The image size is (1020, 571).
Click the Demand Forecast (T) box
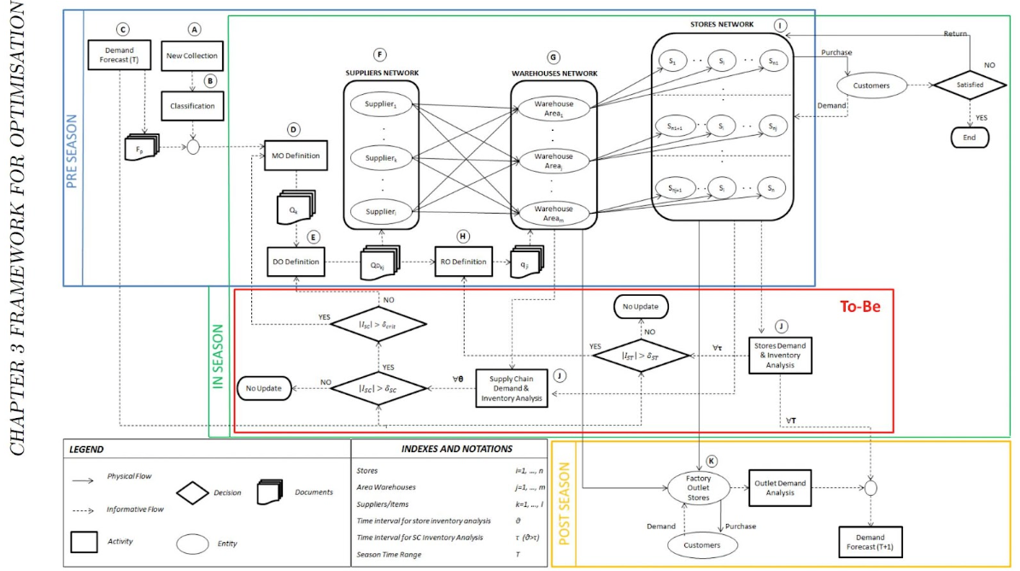point(120,56)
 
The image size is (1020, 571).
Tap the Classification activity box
point(192,106)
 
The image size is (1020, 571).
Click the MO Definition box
point(295,156)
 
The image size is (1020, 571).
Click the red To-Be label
point(860,304)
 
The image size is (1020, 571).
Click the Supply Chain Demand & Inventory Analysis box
point(512,387)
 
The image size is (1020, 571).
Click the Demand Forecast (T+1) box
point(871,544)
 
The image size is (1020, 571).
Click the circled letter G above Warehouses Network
point(554,56)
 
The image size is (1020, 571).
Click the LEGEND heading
point(86,449)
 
